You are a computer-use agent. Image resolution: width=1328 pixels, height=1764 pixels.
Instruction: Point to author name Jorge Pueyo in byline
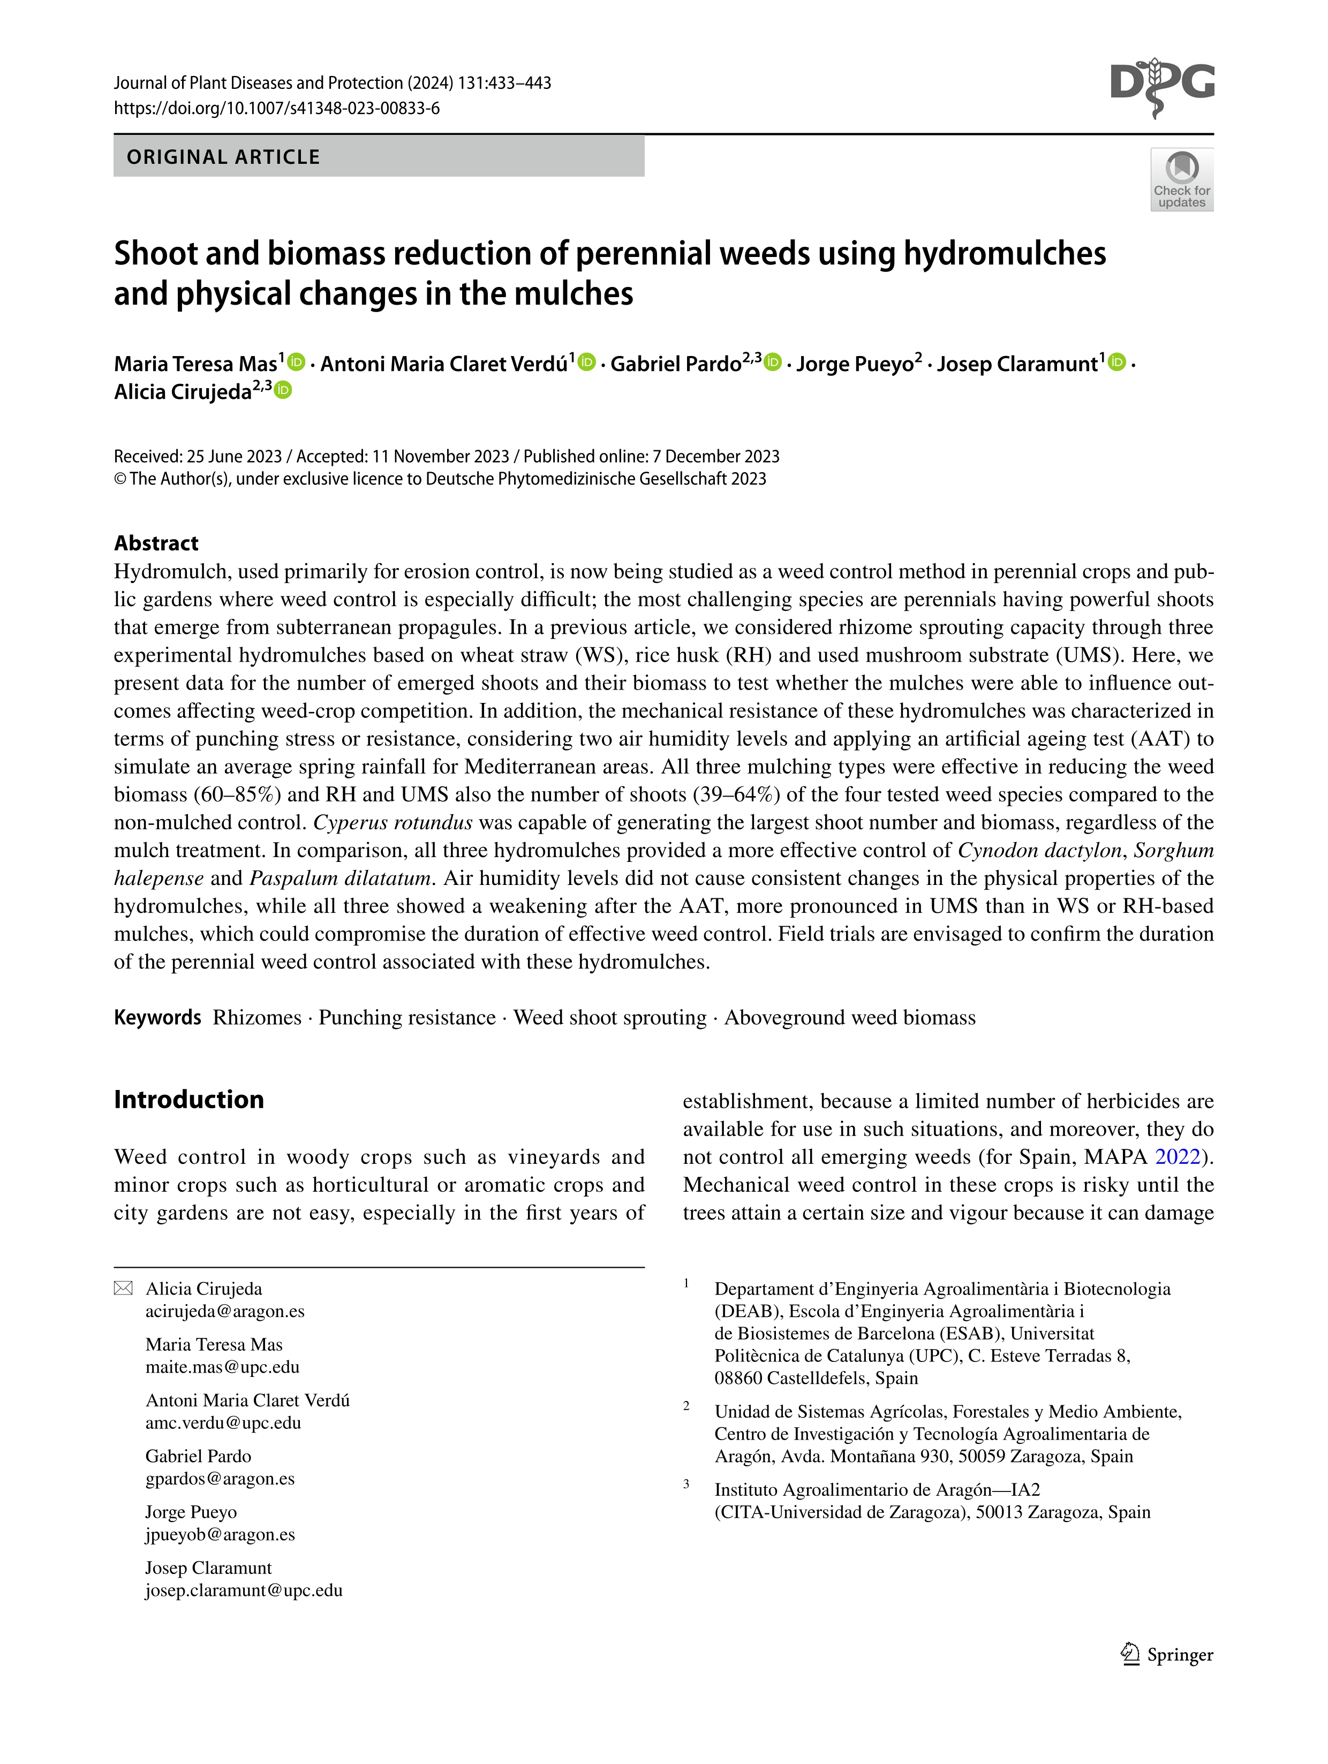(x=854, y=365)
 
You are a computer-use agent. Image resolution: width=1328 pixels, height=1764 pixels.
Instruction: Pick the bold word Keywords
(x=158, y=1018)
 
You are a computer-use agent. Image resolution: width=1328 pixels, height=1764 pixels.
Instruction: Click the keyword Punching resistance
(x=407, y=1018)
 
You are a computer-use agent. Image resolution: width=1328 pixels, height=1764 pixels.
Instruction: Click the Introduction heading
(x=189, y=1099)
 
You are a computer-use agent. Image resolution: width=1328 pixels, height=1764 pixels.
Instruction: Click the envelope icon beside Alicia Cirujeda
(x=124, y=1289)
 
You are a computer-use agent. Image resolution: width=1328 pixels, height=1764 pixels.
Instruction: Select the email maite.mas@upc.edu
(x=223, y=1367)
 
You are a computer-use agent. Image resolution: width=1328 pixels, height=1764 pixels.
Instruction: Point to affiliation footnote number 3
(x=686, y=1484)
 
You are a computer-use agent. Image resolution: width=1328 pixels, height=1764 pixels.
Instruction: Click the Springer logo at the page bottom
(x=1166, y=1655)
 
